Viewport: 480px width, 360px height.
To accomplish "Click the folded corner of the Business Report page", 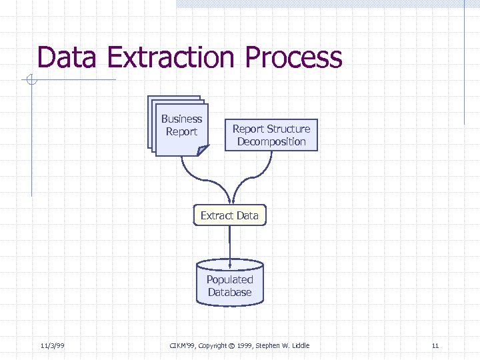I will pos(203,151).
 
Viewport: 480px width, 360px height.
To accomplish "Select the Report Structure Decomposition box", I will pos(271,135).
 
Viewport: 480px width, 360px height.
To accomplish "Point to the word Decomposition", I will pos(271,142).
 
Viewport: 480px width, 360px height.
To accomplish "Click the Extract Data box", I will pos(229,215).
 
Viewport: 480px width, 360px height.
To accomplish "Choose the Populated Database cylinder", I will pos(229,283).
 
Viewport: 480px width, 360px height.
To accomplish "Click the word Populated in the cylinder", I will pos(229,280).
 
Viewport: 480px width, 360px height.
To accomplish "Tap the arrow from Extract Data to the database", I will pos(229,243).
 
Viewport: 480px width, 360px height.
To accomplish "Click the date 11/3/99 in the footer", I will pos(52,345).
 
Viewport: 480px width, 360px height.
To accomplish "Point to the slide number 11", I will pos(435,345).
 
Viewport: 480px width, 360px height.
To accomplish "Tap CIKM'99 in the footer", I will pos(182,345).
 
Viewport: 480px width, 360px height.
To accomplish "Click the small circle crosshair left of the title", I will pos(31,81).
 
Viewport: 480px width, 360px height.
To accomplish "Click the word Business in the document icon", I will pos(181,119).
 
